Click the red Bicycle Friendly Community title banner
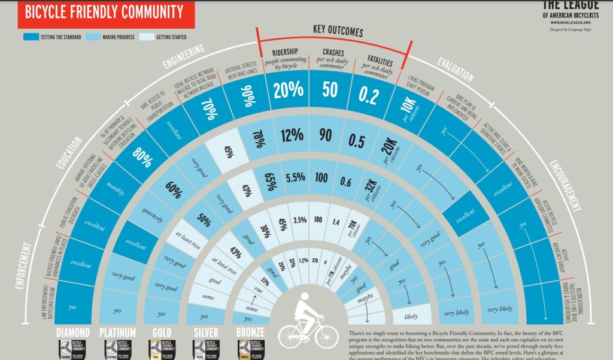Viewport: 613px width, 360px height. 102,12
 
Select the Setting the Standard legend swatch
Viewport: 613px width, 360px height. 31,37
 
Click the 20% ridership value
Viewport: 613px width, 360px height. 288,90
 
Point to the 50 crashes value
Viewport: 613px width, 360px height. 330,90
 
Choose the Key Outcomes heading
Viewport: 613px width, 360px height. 333,29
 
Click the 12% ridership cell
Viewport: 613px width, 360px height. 292,135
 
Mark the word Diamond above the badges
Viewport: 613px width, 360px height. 73,332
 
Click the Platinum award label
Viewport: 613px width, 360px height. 118,332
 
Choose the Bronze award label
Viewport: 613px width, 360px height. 253,332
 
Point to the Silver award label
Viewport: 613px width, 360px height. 207,332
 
